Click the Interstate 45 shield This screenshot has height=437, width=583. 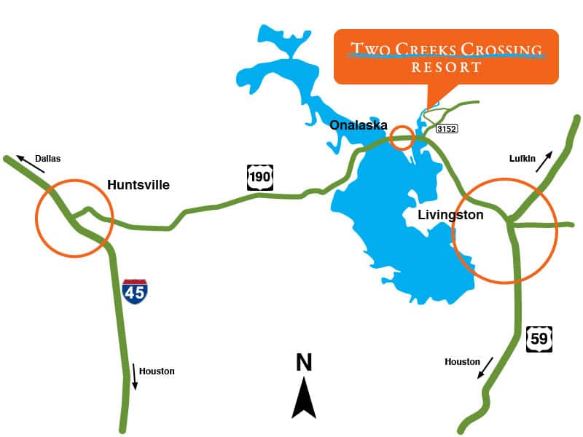[135, 291]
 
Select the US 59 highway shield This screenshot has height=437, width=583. [539, 339]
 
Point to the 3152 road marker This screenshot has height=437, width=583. [446, 129]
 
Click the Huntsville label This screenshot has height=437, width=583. [138, 185]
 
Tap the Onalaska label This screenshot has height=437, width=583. [358, 125]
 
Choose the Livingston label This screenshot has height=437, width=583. [451, 216]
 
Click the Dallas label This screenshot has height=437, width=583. [48, 158]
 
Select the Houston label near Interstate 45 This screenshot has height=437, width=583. [157, 371]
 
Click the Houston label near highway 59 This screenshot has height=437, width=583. [463, 362]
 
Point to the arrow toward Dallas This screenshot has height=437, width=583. [29, 164]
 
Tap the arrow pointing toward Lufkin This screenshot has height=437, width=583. [544, 161]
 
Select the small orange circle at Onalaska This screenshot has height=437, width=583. [402, 138]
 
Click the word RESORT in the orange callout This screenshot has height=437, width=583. [446, 68]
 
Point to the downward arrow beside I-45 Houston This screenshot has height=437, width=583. [134, 376]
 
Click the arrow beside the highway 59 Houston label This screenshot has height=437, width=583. [485, 368]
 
